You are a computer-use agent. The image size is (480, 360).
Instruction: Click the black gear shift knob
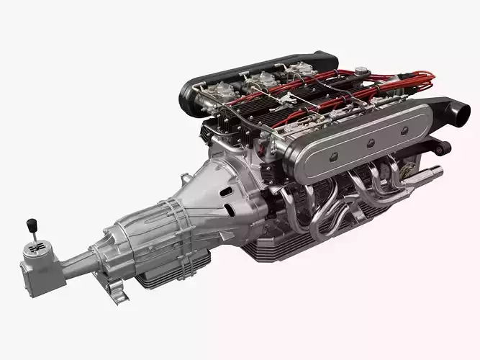[32, 222]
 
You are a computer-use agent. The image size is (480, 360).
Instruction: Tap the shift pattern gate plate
[36, 247]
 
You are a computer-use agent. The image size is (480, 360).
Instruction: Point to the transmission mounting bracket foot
[116, 293]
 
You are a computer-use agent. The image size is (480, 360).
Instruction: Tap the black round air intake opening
[456, 113]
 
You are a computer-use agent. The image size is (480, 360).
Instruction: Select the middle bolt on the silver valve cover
[370, 141]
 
